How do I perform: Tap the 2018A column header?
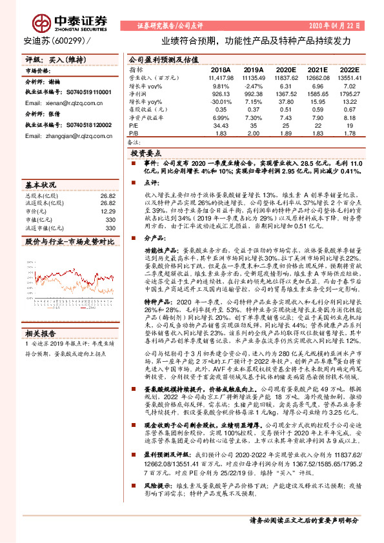click(x=220, y=69)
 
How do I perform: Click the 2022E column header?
click(x=349, y=69)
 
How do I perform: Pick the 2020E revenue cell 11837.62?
click(x=285, y=77)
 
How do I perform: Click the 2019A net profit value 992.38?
click(x=254, y=94)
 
